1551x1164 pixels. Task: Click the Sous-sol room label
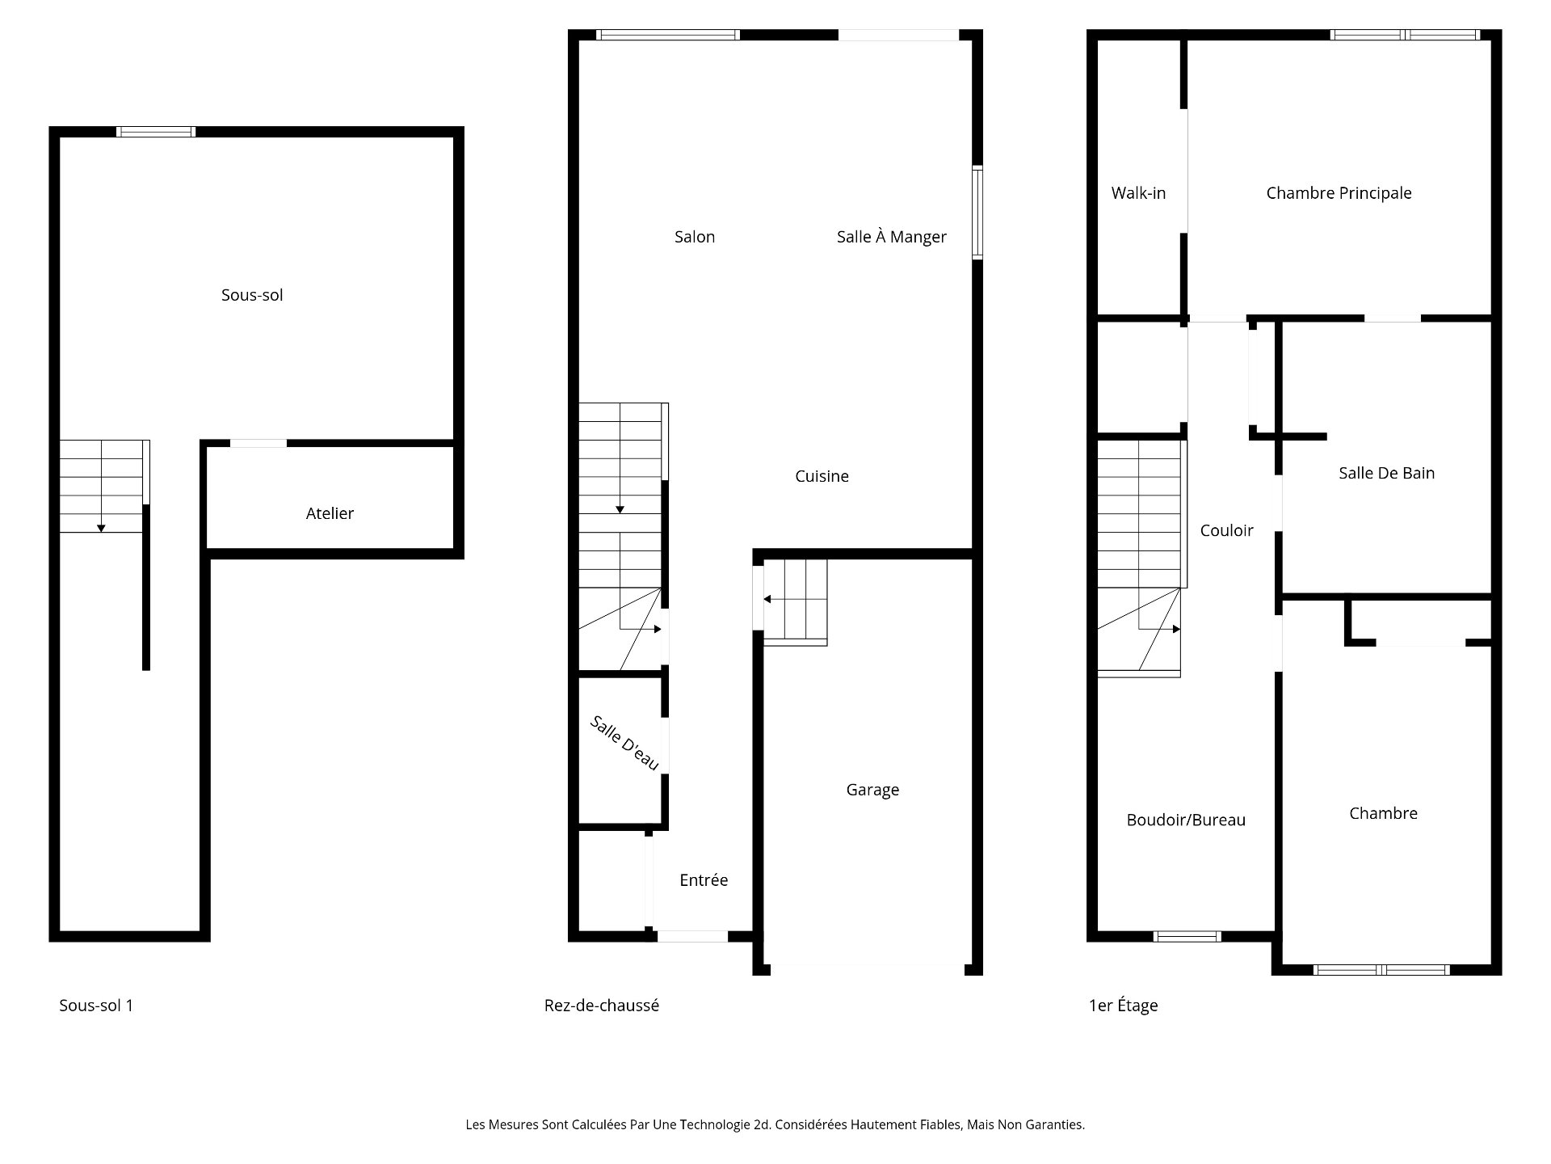pyautogui.click(x=252, y=295)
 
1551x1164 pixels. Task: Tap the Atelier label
pyautogui.click(x=330, y=513)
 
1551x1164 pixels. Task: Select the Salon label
pyautogui.click(x=695, y=237)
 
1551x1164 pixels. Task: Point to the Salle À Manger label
pyautogui.click(x=891, y=237)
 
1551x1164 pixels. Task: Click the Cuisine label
pyautogui.click(x=822, y=476)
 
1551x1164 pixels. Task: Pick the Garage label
pyautogui.click(x=872, y=790)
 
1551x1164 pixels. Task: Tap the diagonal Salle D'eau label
pyautogui.click(x=624, y=743)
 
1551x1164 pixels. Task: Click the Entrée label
pyautogui.click(x=704, y=880)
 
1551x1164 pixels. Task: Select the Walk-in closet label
pyautogui.click(x=1138, y=193)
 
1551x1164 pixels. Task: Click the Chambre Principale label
pyautogui.click(x=1339, y=193)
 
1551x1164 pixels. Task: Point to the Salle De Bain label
pyautogui.click(x=1386, y=473)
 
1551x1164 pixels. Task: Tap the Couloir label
pyautogui.click(x=1226, y=530)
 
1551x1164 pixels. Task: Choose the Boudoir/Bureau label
pyautogui.click(x=1186, y=820)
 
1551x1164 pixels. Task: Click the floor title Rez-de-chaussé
pyautogui.click(x=601, y=1006)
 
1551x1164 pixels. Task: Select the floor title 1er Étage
pyautogui.click(x=1123, y=1006)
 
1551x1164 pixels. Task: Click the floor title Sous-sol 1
pyautogui.click(x=96, y=1006)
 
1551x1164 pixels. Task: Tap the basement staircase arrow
pyautogui.click(x=101, y=527)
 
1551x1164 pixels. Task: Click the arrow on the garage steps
pyautogui.click(x=767, y=599)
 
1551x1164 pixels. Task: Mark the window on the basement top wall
pyautogui.click(x=156, y=132)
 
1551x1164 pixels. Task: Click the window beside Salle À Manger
pyautogui.click(x=977, y=213)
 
